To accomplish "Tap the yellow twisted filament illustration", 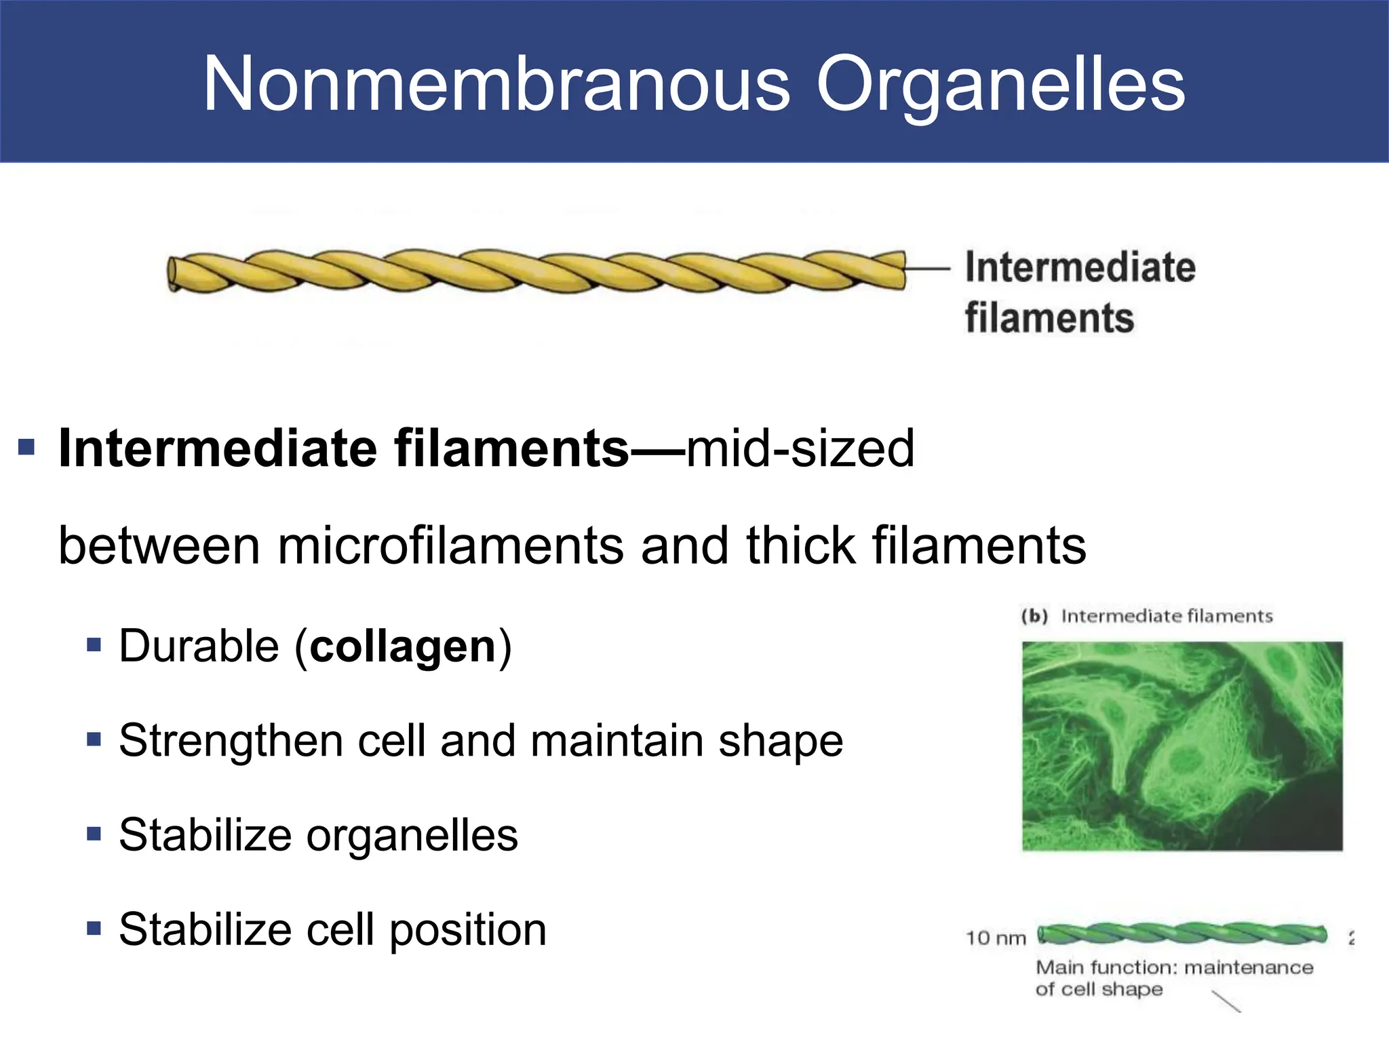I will click(536, 272).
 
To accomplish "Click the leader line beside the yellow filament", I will click(927, 269).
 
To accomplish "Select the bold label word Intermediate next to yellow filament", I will click(1080, 267).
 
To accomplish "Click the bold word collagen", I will click(404, 646).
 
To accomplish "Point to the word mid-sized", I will click(800, 448).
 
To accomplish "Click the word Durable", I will click(198, 646).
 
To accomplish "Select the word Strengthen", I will click(231, 741).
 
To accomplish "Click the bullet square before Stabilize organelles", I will click(94, 833).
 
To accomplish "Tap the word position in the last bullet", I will click(468, 929).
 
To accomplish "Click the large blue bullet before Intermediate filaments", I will click(26, 447).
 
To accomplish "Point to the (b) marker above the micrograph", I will click(1035, 616).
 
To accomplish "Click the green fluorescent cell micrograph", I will click(1182, 746).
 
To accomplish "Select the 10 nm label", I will click(996, 938).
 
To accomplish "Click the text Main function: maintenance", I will click(1174, 967).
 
